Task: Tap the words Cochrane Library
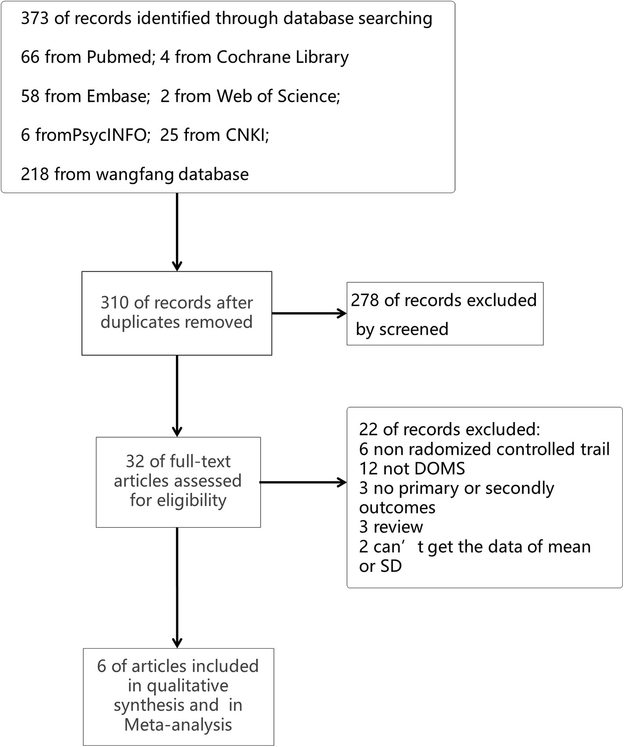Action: coord(283,57)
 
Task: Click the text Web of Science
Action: coord(278,96)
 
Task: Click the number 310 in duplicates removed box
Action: coord(115,303)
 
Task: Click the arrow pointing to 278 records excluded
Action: coord(341,313)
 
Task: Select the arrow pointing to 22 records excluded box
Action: coord(341,482)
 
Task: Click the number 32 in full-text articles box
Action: coord(134,462)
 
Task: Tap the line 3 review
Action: coord(391,527)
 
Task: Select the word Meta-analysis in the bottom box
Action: coord(178,725)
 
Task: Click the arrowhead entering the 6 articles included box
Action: coord(177,643)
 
